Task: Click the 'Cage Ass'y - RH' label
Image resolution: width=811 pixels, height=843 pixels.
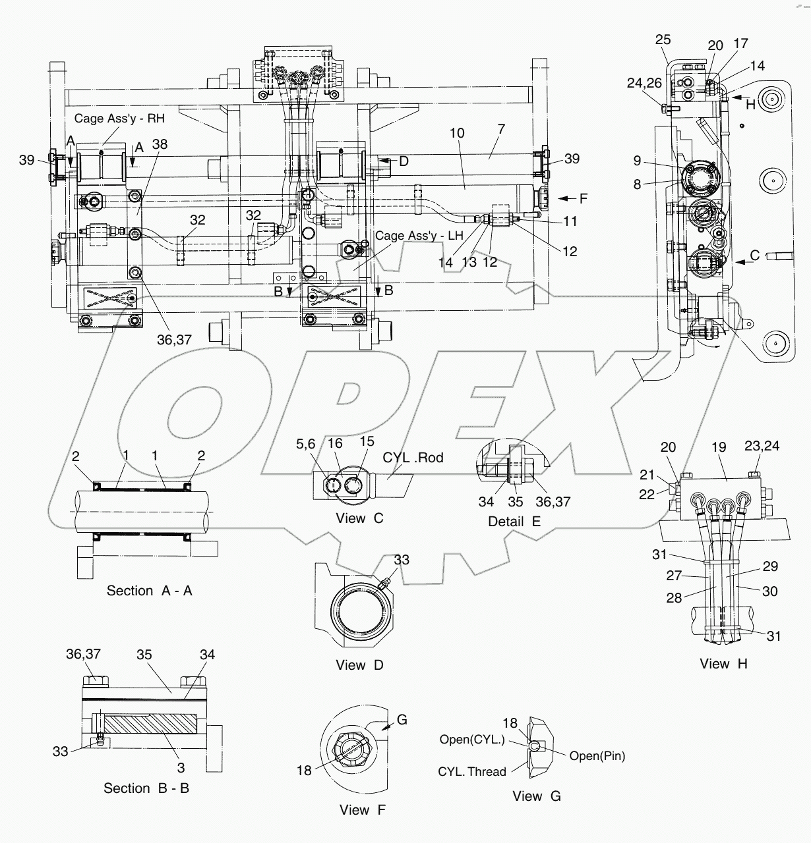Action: click(119, 119)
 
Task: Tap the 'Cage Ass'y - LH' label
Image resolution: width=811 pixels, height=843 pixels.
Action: click(419, 236)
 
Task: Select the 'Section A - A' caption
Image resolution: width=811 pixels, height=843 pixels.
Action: click(149, 591)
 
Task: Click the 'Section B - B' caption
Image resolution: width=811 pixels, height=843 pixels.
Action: click(146, 788)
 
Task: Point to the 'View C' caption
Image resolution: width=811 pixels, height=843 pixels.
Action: click(359, 518)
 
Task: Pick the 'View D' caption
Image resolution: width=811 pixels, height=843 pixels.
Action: click(359, 665)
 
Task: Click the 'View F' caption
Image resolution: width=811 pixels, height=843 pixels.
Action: click(362, 810)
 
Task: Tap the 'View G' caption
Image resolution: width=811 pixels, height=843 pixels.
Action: click(537, 796)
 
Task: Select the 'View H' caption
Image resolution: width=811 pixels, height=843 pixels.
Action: click(723, 664)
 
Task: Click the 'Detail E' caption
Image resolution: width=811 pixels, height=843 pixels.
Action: click(514, 522)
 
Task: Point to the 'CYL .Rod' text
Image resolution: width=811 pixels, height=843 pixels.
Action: click(413, 458)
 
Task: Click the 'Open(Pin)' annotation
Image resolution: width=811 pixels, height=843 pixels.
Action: click(597, 756)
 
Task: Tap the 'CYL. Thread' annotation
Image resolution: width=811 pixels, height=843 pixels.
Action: click(471, 772)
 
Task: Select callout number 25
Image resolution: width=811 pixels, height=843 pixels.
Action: click(663, 41)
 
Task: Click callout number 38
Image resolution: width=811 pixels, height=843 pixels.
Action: click(160, 144)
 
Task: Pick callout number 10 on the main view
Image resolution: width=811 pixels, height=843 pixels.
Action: click(457, 133)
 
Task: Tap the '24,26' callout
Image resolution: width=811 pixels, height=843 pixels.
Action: click(644, 84)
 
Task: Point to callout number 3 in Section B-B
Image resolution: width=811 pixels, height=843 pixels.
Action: click(181, 767)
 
